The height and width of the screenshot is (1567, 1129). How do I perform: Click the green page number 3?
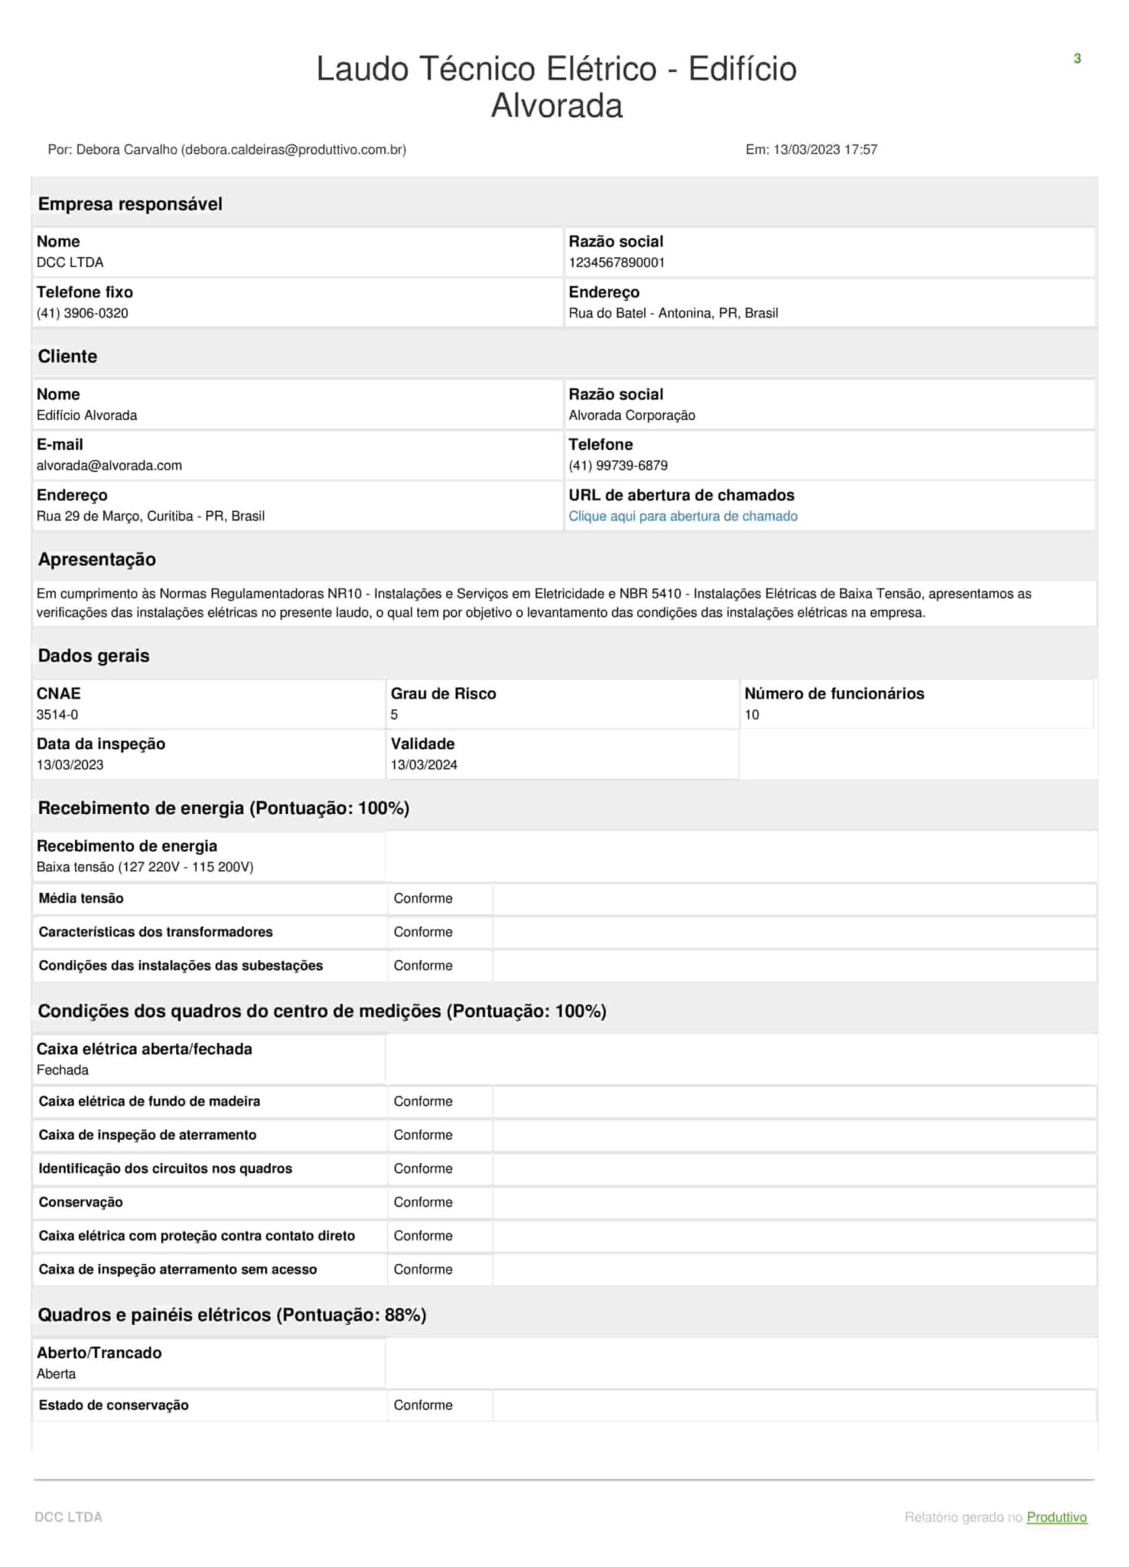tap(1077, 59)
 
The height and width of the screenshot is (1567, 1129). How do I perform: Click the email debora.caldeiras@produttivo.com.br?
tap(294, 150)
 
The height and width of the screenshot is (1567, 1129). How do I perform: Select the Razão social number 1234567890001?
tap(616, 262)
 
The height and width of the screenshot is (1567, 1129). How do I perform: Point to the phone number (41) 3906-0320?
tap(83, 313)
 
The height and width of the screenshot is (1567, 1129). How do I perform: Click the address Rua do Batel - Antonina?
tap(673, 313)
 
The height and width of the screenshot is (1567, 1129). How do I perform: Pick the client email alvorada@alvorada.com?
tap(109, 465)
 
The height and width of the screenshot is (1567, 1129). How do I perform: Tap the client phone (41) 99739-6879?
tap(617, 465)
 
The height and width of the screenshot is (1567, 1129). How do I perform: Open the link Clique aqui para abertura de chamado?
tap(682, 516)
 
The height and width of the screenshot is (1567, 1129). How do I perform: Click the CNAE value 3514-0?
tap(57, 715)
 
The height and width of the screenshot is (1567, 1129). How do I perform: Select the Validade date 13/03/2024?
tap(424, 764)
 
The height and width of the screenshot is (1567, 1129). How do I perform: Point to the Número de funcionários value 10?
tap(752, 715)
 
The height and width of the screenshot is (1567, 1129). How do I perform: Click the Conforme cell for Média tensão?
tap(423, 898)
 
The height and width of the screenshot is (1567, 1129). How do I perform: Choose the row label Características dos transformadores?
tap(155, 932)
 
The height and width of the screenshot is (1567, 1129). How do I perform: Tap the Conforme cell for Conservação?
tap(423, 1202)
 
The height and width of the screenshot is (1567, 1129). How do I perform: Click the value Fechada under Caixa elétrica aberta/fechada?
tap(63, 1070)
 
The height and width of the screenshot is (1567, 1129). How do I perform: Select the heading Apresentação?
tap(97, 559)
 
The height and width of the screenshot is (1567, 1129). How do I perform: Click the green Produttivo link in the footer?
tap(1056, 1517)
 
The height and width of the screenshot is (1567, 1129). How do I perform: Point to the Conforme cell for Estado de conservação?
tap(423, 1405)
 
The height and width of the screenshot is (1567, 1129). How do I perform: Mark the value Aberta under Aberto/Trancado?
tap(57, 1373)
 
